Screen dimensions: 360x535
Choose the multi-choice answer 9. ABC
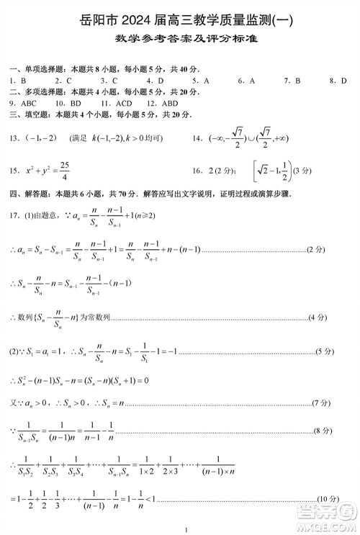(22, 103)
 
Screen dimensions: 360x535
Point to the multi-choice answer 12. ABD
(163, 103)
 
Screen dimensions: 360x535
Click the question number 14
(197, 138)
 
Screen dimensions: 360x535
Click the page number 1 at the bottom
(186, 531)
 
